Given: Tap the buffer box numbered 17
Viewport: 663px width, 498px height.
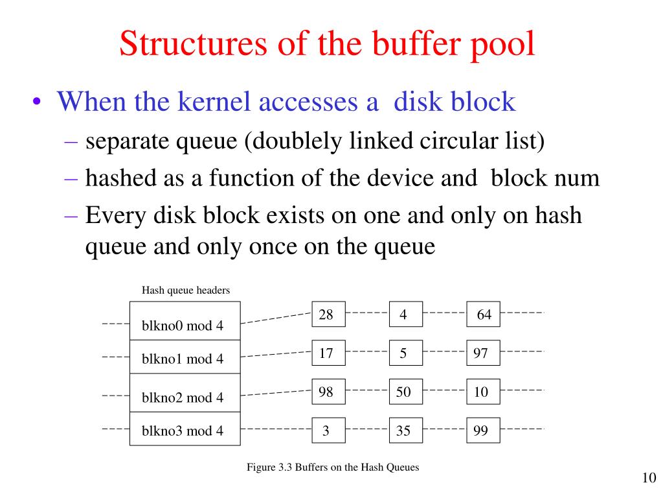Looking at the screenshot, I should (328, 353).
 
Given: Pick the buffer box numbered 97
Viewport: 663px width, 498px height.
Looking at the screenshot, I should (483, 353).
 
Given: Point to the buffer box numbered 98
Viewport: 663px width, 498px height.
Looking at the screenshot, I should (328, 392).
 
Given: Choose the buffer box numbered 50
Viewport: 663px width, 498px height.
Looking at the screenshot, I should (405, 392).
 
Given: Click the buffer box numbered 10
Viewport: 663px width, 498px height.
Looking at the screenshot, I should (483, 392).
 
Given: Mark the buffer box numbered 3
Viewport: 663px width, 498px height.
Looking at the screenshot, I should (328, 431).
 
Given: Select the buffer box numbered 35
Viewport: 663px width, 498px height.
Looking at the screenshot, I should (405, 431).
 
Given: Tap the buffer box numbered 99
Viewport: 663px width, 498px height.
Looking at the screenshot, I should (483, 431).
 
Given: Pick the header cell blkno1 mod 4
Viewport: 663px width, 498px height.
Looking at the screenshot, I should (185, 358).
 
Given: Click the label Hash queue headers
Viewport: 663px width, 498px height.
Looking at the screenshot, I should (186, 290).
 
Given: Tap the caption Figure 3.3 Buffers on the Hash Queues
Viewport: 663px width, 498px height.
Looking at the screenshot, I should (333, 468).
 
